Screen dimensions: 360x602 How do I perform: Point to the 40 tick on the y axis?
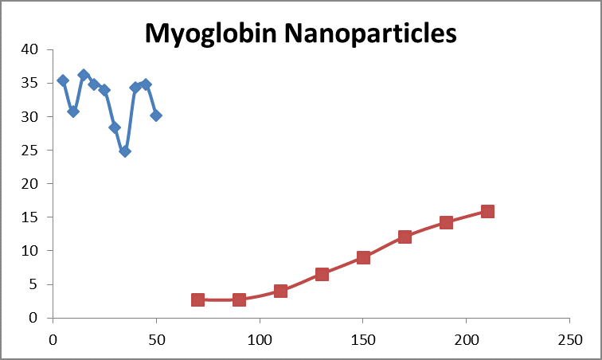(30, 49)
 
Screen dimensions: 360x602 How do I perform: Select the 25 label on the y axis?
(30, 150)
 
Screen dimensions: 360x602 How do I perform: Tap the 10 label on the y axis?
(30, 251)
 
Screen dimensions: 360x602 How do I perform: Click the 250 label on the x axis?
(569, 338)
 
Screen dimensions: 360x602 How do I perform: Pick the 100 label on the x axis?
(259, 338)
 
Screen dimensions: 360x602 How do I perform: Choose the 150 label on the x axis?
(362, 338)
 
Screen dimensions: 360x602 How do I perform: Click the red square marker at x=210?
(487, 211)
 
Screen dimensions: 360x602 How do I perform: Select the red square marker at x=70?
(197, 299)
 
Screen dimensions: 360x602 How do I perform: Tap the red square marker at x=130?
(322, 274)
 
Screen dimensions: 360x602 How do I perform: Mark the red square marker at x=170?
(405, 237)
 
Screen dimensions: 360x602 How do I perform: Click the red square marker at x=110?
(280, 291)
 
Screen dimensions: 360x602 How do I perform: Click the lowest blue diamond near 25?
(125, 151)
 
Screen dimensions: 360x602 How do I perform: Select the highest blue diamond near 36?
(84, 75)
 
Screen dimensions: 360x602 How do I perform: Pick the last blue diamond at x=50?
(156, 115)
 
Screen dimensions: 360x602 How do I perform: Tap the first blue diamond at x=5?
(63, 80)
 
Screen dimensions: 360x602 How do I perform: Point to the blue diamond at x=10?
(73, 112)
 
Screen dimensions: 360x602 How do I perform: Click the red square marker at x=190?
(446, 222)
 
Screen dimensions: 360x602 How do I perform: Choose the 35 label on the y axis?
(30, 83)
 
